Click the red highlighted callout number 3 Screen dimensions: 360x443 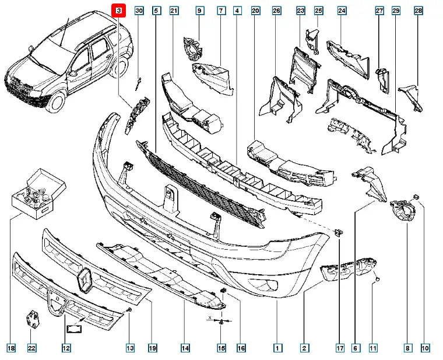(119, 11)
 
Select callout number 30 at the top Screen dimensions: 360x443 (139, 11)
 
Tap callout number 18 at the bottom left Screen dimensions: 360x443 (10, 348)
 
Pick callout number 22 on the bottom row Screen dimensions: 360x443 (31, 348)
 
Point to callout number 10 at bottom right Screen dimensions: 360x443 (426, 348)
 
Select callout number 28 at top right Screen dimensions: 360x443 (418, 11)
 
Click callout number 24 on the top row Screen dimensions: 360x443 (342, 11)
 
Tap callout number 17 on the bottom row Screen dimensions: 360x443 (340, 348)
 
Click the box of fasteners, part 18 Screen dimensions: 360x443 (39, 193)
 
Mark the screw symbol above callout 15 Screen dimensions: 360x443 (222, 321)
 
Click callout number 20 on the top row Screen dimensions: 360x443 (255, 11)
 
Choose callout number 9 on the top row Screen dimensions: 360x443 (199, 11)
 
